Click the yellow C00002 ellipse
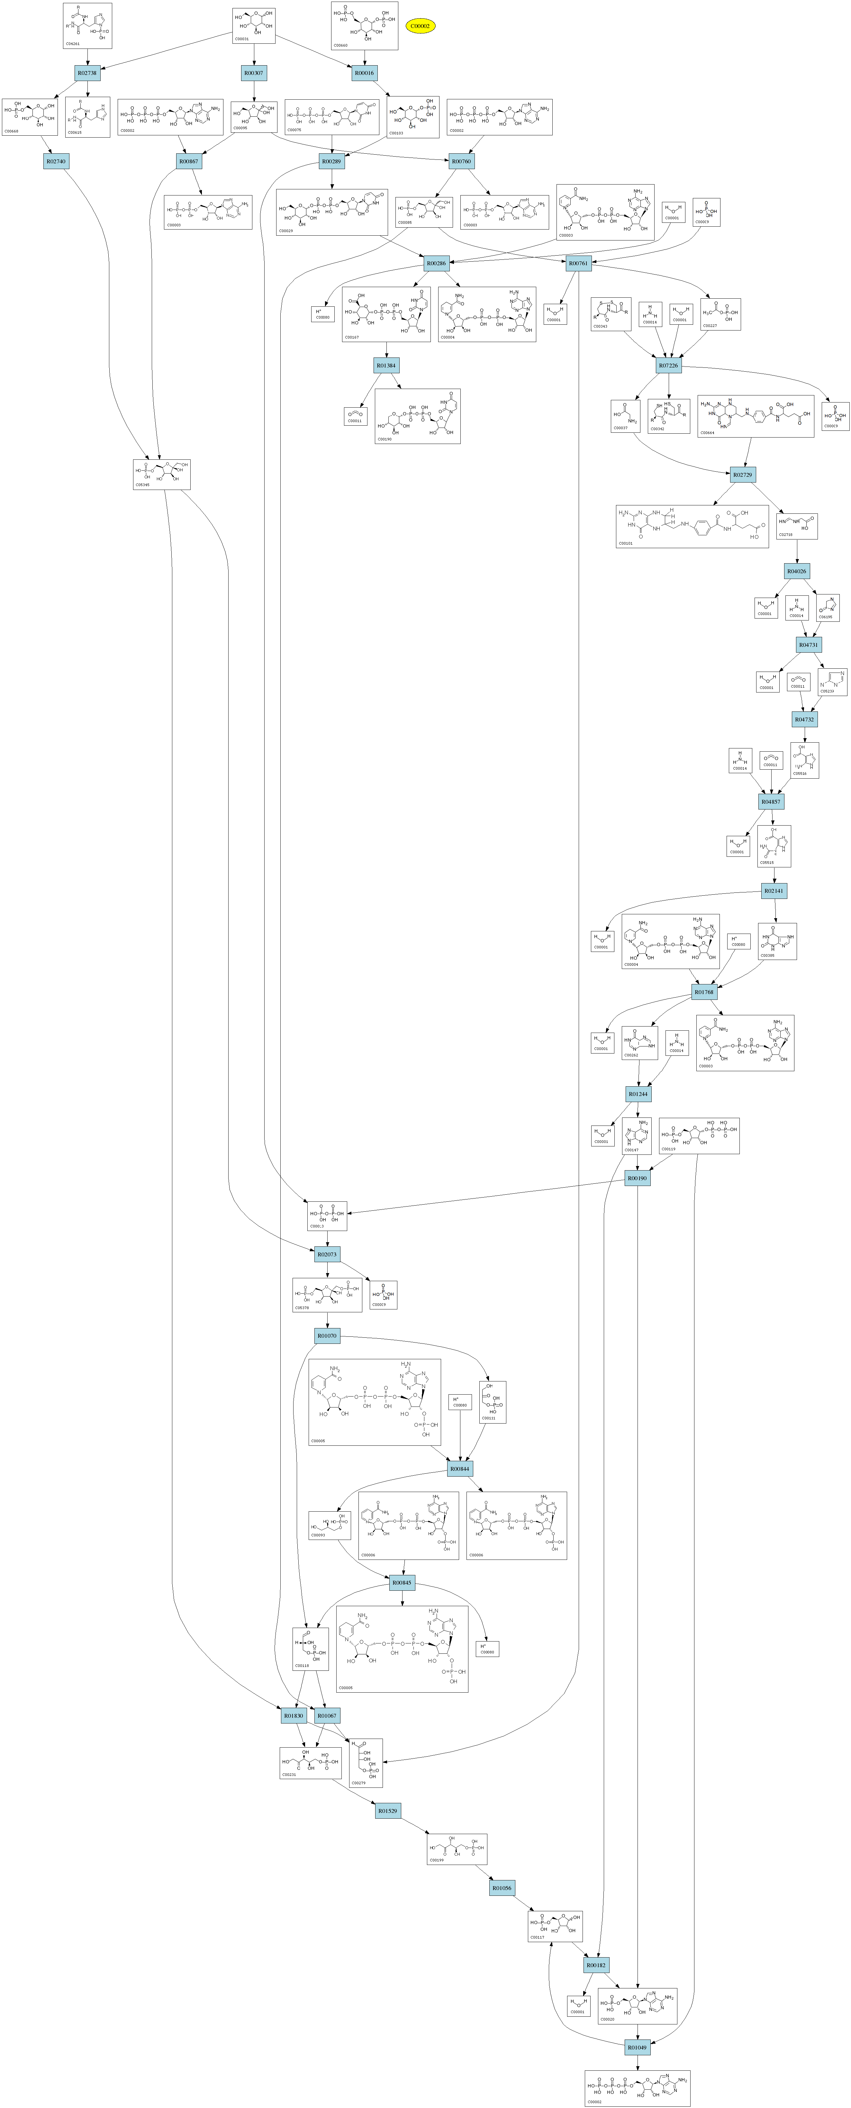pos(420,26)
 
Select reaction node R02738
pos(87,73)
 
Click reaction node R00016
pos(364,73)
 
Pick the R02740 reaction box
pos(56,161)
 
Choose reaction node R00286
pos(436,264)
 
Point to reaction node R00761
pos(578,264)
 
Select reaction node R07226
pos(668,365)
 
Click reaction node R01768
pos(704,992)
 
